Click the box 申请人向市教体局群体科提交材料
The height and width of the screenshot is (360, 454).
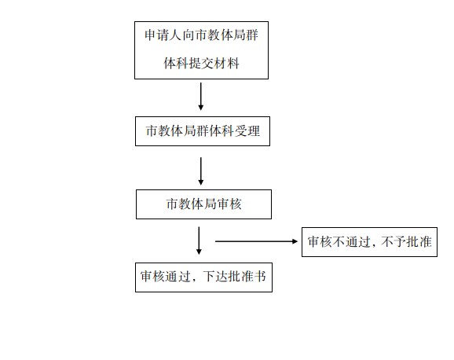tap(202, 50)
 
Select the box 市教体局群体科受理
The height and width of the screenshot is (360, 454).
tap(203, 131)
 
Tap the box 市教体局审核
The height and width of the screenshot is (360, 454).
tap(204, 204)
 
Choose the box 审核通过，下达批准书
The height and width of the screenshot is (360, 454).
tap(204, 277)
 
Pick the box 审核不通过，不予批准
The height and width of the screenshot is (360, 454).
tap(369, 242)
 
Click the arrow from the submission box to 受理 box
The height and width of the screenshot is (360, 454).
tap(200, 97)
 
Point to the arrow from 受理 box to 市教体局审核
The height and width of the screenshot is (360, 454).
tap(200, 171)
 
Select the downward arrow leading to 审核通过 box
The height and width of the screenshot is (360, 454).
tap(199, 241)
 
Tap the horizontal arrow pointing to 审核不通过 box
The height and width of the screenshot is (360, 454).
tap(257, 241)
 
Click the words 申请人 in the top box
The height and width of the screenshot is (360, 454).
tap(163, 35)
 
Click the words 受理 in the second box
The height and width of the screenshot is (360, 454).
tap(247, 131)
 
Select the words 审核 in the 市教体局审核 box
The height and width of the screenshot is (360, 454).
tap(229, 204)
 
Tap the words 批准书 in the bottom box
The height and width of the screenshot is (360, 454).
tap(247, 276)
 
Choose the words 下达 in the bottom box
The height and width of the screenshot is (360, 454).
tap(215, 276)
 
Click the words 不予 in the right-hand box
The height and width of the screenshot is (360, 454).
tap(394, 241)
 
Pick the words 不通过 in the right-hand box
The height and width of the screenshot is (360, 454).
tap(351, 241)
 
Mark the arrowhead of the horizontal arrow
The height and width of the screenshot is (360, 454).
tap(295, 241)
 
